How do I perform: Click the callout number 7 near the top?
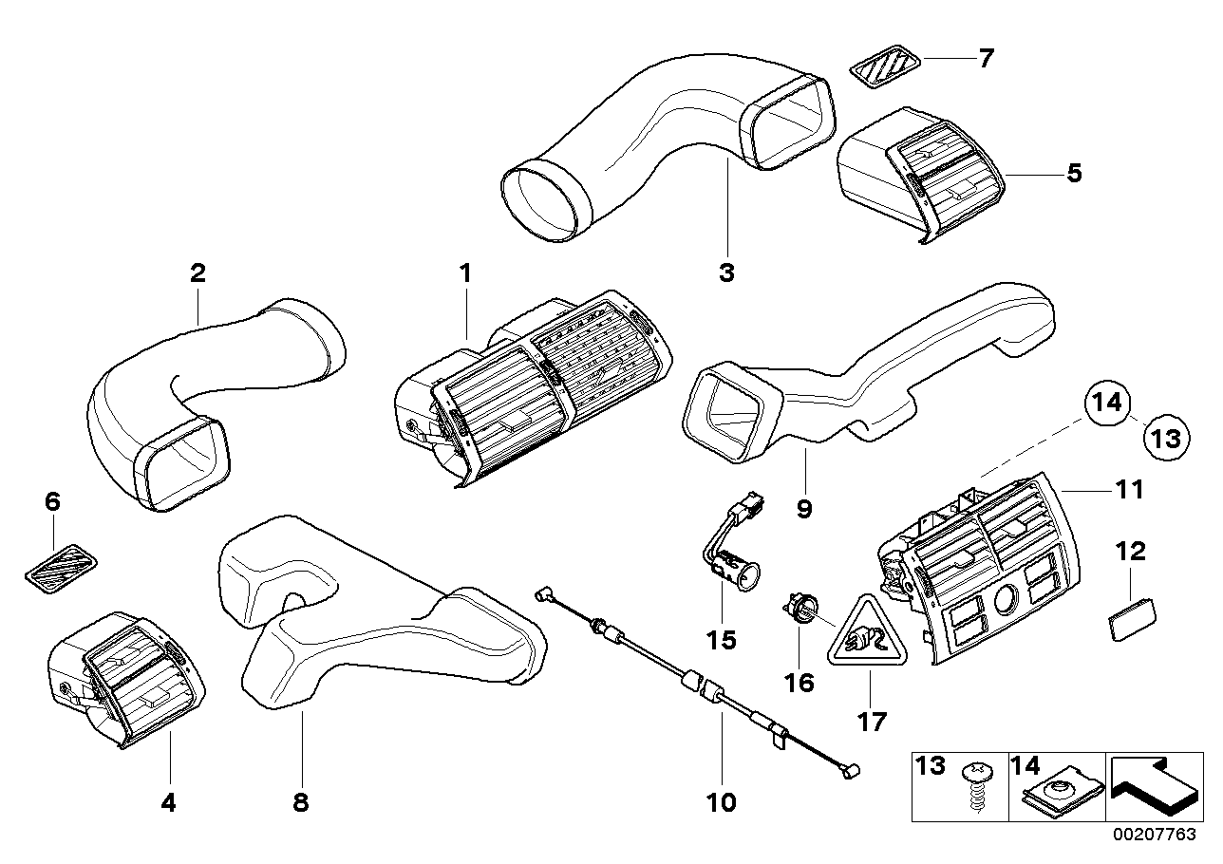point(986,58)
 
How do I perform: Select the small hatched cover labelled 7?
point(885,67)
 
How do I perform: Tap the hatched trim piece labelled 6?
point(61,567)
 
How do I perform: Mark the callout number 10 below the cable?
point(721,802)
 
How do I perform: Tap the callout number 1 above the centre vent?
point(465,273)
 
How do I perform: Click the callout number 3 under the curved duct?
point(726,273)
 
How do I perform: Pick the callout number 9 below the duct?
point(803,510)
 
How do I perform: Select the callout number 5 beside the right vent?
point(1074,173)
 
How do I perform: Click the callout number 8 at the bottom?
point(300,802)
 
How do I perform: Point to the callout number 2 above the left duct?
point(198,273)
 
